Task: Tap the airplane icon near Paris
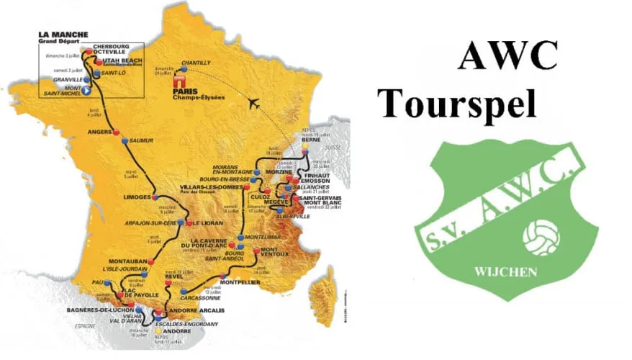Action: pyautogui.click(x=253, y=102)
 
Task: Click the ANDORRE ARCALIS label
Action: pyautogui.click(x=197, y=310)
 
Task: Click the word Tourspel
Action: pyautogui.click(x=459, y=103)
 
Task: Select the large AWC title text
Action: pyautogui.click(x=507, y=55)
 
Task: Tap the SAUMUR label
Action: pyautogui.click(x=142, y=141)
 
